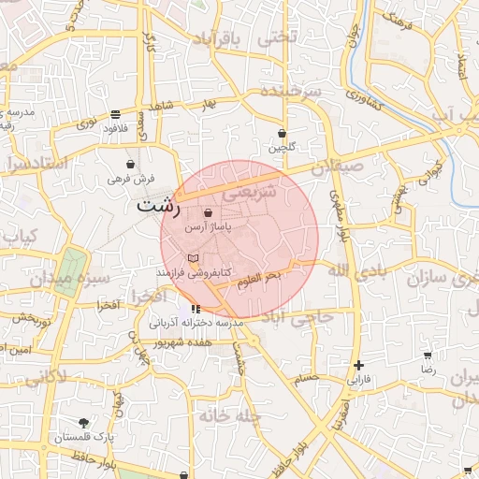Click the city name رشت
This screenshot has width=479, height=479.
tap(158, 205)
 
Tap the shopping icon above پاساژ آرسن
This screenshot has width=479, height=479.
tap(208, 213)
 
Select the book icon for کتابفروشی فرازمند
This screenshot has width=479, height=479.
tap(194, 257)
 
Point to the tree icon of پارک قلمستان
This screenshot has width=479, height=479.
tap(84, 423)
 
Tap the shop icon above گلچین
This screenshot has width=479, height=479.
tap(282, 133)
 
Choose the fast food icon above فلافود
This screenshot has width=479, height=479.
tap(115, 113)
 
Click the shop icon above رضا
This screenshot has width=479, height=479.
tap(428, 356)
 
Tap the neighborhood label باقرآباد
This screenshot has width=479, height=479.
tap(217, 38)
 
